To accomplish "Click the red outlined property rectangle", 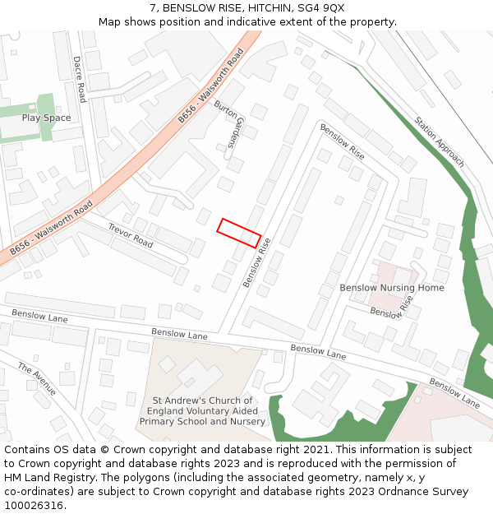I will pos(239,233).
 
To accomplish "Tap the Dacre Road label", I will pos(80,79).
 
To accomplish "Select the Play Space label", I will pos(46,118).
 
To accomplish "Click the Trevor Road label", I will pos(131,236).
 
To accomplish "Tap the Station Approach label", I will pos(440,141).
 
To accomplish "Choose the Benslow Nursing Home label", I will pos(392,288).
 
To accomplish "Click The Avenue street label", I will pos(37,378).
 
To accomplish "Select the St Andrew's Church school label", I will pos(202,411).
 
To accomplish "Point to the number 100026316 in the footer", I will pos(33,506).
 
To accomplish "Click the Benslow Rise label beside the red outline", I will pos(256,262).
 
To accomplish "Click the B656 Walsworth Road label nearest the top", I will pos(212,86).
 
